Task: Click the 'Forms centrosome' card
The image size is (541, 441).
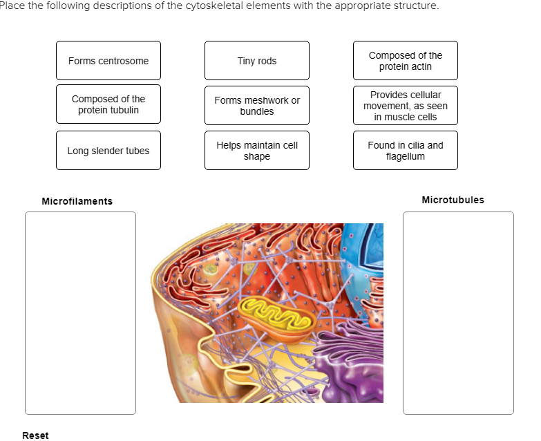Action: coord(108,61)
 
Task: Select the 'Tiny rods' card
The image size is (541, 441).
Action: coord(256,61)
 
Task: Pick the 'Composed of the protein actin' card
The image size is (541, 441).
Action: coord(405,61)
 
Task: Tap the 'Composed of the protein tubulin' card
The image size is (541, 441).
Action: coord(108,104)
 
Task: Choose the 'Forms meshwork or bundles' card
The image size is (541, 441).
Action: coord(256,106)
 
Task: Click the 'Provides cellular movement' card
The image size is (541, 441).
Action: coord(405,106)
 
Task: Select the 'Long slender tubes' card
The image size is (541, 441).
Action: coord(108,151)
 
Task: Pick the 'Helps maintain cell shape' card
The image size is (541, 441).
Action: coord(256,151)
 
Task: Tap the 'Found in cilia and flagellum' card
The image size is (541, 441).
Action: coord(405,151)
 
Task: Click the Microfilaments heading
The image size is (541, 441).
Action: coord(77,201)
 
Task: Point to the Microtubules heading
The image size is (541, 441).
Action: coord(453,200)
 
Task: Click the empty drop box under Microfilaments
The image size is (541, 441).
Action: coord(80,312)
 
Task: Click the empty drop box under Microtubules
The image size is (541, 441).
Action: coord(458,312)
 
